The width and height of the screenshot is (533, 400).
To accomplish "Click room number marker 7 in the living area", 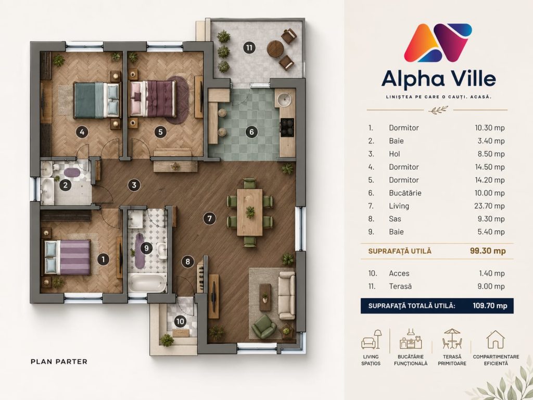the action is click(x=209, y=218).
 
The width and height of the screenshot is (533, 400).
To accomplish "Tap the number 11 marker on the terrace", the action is click(x=249, y=47).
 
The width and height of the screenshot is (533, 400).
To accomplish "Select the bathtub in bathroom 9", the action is click(x=147, y=283).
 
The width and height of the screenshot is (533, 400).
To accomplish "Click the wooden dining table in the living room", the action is click(x=250, y=212).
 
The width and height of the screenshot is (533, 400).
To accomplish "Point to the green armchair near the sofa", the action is click(x=264, y=326).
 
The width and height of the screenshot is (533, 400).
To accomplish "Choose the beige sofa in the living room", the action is click(x=287, y=295).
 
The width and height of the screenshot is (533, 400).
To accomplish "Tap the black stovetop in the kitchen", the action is click(x=287, y=127).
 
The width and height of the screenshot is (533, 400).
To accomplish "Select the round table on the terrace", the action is click(x=275, y=48).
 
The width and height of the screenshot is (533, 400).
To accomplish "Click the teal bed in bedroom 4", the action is click(x=96, y=100).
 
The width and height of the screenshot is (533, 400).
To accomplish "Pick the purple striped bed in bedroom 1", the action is click(x=68, y=257).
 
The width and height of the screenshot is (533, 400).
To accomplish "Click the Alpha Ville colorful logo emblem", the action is click(x=438, y=42).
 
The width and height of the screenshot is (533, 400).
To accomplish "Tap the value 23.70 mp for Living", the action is click(x=489, y=206).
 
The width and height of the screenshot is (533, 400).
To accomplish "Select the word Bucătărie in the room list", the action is click(x=405, y=193).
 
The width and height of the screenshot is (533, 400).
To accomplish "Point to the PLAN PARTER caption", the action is click(x=59, y=361).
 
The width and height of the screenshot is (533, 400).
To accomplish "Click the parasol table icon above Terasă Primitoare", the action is click(x=452, y=339).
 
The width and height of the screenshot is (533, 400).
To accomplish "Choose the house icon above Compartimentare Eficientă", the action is click(x=496, y=340).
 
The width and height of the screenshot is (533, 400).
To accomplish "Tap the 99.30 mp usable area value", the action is click(x=488, y=251).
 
